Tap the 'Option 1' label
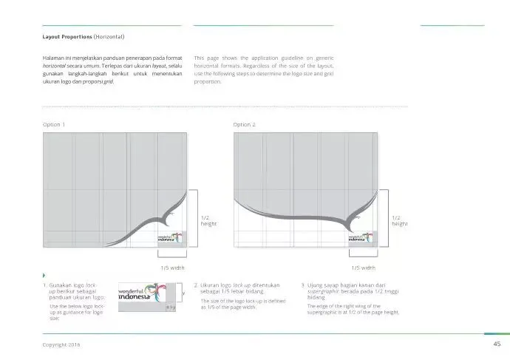tap(55, 124)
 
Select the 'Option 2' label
tap(244, 124)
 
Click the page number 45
tap(497, 344)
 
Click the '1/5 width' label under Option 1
tap(172, 268)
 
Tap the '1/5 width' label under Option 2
tap(362, 268)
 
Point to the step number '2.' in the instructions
tap(196, 285)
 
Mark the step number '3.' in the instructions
tap(302, 285)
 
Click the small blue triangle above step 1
tap(44, 276)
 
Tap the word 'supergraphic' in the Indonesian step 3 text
tap(323, 291)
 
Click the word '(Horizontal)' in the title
tap(109, 37)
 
